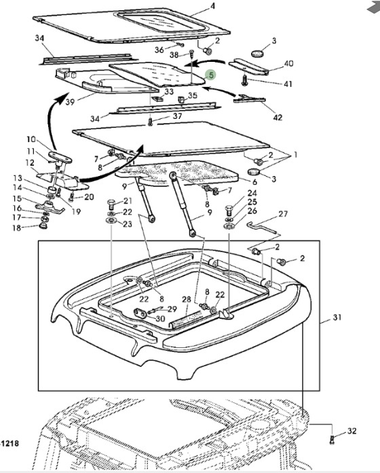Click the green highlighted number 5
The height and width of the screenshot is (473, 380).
pyautogui.click(x=212, y=75)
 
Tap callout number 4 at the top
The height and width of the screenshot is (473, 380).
pyautogui.click(x=212, y=5)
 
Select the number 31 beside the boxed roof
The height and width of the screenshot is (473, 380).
pyautogui.click(x=337, y=317)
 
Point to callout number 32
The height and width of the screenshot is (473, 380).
pyautogui.click(x=352, y=431)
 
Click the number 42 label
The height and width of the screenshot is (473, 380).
pyautogui.click(x=278, y=118)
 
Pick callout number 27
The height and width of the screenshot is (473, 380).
pyautogui.click(x=283, y=214)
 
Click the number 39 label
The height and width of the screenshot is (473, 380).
pyautogui.click(x=70, y=102)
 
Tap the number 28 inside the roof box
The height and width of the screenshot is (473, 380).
pyautogui.click(x=187, y=299)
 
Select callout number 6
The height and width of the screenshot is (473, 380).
pyautogui.click(x=254, y=181)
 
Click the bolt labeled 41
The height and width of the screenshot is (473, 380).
pyautogui.click(x=244, y=81)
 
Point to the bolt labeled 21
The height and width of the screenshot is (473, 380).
pyautogui.click(x=111, y=205)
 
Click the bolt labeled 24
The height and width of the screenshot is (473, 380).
pyautogui.click(x=229, y=211)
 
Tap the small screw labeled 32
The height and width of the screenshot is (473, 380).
pyautogui.click(x=332, y=439)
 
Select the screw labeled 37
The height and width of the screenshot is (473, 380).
pyautogui.click(x=150, y=122)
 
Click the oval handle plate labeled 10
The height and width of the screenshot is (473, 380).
pyautogui.click(x=60, y=157)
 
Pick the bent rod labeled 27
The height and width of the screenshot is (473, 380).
pyautogui.click(x=261, y=227)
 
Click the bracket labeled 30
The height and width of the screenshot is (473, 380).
pyautogui.click(x=140, y=313)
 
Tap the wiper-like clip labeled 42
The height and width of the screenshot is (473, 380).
pyautogui.click(x=249, y=99)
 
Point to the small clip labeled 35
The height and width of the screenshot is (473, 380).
pyautogui.click(x=181, y=99)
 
